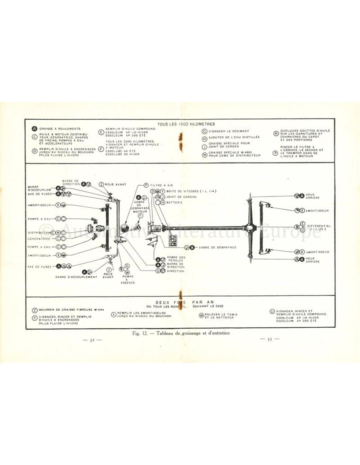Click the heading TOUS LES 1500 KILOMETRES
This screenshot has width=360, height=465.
coord(186,124)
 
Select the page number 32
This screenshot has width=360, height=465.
coord(93,340)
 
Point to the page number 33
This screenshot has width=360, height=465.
coord(270,339)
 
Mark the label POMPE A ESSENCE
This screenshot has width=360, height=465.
coord(127,280)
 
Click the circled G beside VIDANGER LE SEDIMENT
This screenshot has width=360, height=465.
coord(205,131)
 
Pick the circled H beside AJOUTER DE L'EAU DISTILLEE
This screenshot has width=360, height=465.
coord(205,138)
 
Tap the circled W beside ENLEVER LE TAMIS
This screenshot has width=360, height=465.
coord(202,316)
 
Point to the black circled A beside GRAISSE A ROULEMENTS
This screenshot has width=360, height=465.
coord(34,129)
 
